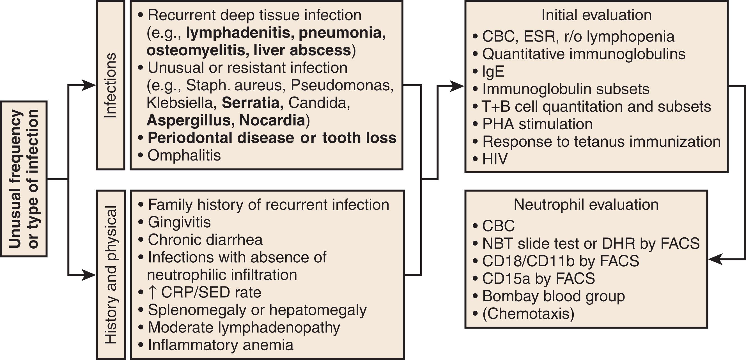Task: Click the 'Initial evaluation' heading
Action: [x=596, y=15]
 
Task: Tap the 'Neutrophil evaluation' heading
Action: [x=586, y=205]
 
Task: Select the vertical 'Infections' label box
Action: [x=110, y=85]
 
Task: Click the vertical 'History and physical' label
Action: [x=111, y=275]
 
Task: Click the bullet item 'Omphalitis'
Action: [x=184, y=155]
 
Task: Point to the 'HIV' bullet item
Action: [x=495, y=159]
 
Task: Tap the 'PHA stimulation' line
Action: [x=537, y=124]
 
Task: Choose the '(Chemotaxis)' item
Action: [x=528, y=314]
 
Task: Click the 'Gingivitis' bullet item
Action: [x=179, y=223]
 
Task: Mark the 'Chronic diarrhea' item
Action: [x=205, y=240]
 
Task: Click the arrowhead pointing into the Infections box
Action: [x=90, y=85]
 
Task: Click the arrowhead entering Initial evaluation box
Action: [x=458, y=86]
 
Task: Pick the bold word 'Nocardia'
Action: [x=272, y=120]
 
